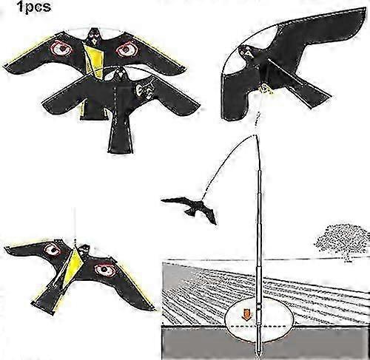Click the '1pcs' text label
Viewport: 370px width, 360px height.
point(34,7)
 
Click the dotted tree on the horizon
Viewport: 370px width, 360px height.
point(342,242)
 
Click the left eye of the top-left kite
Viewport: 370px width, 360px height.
point(61,49)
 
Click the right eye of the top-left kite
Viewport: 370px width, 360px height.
point(127,50)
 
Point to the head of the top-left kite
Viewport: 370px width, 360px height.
point(93,37)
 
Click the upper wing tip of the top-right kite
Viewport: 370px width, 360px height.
point(360,13)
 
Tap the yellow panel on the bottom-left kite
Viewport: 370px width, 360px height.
point(73,268)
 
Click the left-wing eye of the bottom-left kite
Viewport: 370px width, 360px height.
point(53,250)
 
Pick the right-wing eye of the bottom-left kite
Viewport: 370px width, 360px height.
point(104,270)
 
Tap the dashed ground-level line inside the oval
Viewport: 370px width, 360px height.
point(258,326)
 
